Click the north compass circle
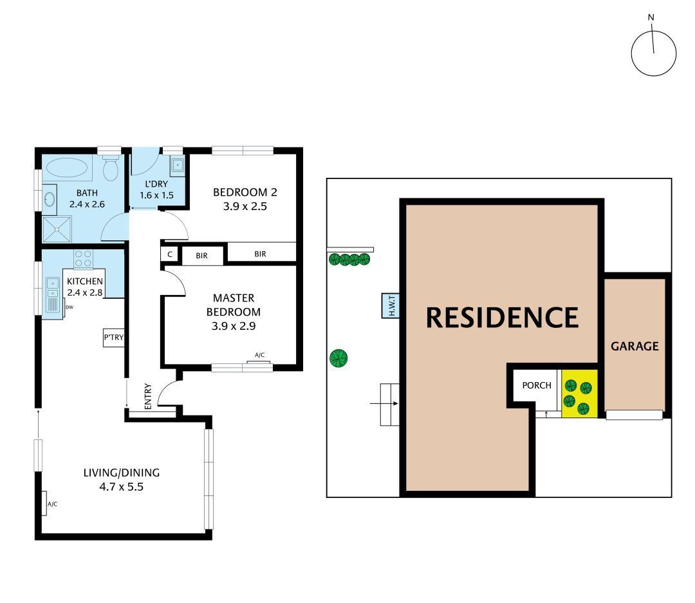click(x=653, y=53)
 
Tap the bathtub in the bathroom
click(x=67, y=168)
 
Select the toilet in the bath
click(x=111, y=169)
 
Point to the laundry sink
click(x=177, y=166)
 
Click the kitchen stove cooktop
click(x=83, y=259)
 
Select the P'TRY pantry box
click(x=113, y=338)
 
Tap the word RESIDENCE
click(x=502, y=318)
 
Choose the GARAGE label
click(x=635, y=346)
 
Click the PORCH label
click(x=536, y=385)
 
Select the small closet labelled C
click(x=170, y=254)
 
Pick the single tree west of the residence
click(x=338, y=358)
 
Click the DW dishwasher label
click(x=69, y=307)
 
